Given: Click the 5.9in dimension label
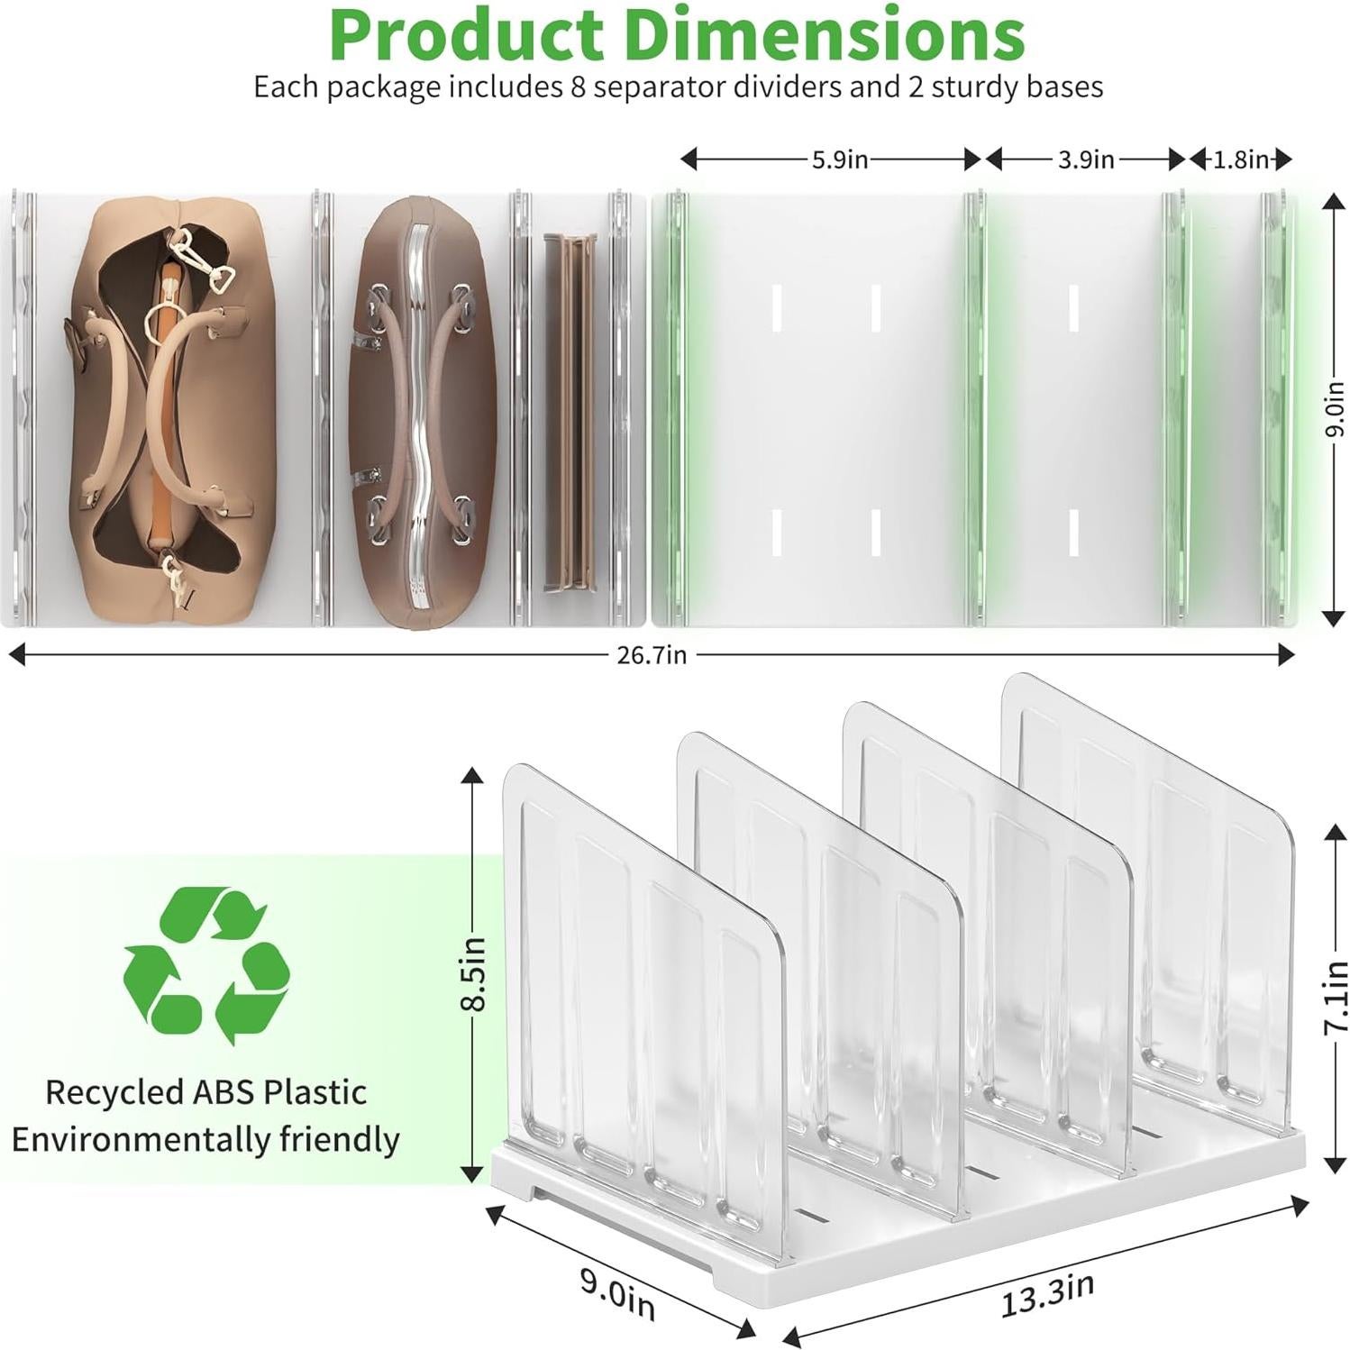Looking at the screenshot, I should coord(839,160).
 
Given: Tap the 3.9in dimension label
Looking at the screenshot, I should coord(1085,160).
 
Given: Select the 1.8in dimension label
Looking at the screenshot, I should coord(1241,160).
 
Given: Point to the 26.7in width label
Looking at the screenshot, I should coord(651,655).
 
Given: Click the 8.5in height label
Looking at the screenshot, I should coord(476,973).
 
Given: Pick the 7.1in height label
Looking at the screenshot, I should coord(1335,997).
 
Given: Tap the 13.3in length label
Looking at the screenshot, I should coord(1046,1295).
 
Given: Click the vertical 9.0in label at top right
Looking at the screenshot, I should coord(1334,410).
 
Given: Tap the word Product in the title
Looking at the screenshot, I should coord(466,36).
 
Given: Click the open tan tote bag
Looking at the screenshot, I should coord(169,406).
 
